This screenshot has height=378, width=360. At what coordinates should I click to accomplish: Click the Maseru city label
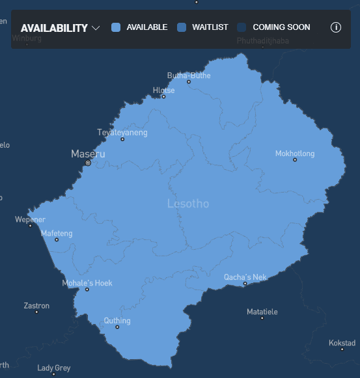(x=88, y=154)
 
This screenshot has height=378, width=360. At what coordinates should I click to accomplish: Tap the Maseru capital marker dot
(x=88, y=163)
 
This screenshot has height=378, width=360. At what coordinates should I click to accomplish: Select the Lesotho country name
(x=188, y=204)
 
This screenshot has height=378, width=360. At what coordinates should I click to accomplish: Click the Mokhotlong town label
(x=295, y=154)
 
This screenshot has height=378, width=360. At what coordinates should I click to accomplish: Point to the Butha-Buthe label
(x=189, y=75)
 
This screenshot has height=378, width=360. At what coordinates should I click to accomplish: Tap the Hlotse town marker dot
(x=163, y=97)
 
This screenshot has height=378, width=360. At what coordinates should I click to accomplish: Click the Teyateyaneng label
(x=122, y=133)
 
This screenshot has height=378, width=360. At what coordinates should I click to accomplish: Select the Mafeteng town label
(x=57, y=233)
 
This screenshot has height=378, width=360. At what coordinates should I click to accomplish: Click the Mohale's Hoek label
(x=87, y=283)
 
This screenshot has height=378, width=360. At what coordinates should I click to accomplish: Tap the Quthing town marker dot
(x=117, y=327)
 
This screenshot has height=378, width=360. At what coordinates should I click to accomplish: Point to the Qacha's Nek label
(x=245, y=277)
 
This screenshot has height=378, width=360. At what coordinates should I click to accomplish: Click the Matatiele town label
(x=262, y=312)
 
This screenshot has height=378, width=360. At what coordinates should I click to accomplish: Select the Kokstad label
(x=342, y=342)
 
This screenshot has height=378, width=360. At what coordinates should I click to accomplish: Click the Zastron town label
(x=36, y=306)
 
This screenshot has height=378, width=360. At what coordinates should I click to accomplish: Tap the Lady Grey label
(x=54, y=368)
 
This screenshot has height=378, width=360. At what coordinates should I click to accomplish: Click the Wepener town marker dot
(x=30, y=226)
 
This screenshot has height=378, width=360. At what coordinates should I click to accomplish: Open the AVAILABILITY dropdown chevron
(x=96, y=28)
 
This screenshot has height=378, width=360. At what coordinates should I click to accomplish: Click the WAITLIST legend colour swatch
(x=182, y=27)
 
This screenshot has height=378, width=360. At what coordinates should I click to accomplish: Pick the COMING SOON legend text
(x=281, y=27)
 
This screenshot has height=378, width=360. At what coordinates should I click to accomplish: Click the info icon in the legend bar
(x=336, y=27)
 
